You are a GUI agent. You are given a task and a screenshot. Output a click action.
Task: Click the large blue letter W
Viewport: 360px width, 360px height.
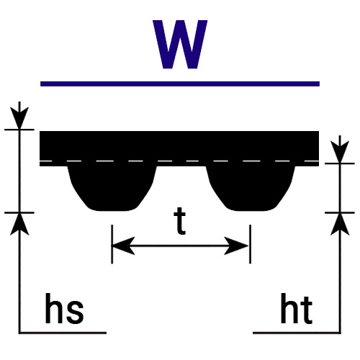pyautogui.click(x=180, y=45)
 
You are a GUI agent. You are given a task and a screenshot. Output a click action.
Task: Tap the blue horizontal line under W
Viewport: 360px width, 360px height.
pyautogui.click(x=180, y=84)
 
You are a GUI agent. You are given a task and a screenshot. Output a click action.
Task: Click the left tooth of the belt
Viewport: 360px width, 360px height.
pyautogui.click(x=112, y=189)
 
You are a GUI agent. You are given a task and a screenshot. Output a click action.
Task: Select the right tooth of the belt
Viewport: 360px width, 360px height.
pyautogui.click(x=251, y=189)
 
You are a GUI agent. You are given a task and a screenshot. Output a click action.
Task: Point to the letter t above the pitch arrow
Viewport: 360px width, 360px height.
pyautogui.click(x=180, y=221)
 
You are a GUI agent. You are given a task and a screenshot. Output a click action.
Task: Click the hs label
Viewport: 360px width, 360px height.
pyautogui.click(x=64, y=308)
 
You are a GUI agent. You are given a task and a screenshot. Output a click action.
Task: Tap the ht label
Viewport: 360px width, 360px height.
pyautogui.click(x=297, y=308)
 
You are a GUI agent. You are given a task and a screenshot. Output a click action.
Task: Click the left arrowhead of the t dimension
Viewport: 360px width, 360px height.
pyautogui.click(x=123, y=246)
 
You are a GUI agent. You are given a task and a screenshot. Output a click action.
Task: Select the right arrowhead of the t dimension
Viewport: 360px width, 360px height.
pyautogui.click(x=236, y=246)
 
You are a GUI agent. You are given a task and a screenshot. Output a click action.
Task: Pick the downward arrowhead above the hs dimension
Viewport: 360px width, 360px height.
pyautogui.click(x=19, y=117)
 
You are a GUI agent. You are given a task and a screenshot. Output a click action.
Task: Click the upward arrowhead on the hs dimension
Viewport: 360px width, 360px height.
pyautogui.click(x=19, y=225)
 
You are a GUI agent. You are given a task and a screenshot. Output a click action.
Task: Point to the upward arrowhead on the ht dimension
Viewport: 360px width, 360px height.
pyautogui.click(x=340, y=225)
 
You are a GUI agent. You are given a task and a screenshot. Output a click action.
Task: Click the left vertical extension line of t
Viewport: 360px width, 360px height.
pyautogui.click(x=112, y=244)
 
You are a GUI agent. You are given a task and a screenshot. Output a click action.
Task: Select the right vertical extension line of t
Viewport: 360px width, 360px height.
pyautogui.click(x=251, y=244)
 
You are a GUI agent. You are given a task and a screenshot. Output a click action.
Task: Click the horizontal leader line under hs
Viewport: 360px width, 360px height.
pyautogui.click(x=63, y=333)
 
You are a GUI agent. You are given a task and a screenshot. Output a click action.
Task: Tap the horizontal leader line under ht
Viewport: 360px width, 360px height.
pyautogui.click(x=297, y=333)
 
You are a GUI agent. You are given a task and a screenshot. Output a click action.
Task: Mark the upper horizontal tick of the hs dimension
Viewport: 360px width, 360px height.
pyautogui.click(x=19, y=130)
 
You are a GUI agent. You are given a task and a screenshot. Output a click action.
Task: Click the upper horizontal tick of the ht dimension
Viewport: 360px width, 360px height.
pyautogui.click(x=340, y=163)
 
